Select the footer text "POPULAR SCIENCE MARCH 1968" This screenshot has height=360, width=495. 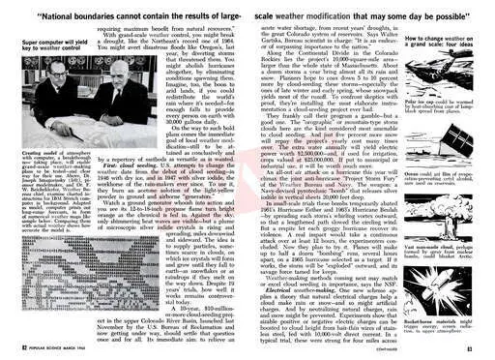pos(43,345)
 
